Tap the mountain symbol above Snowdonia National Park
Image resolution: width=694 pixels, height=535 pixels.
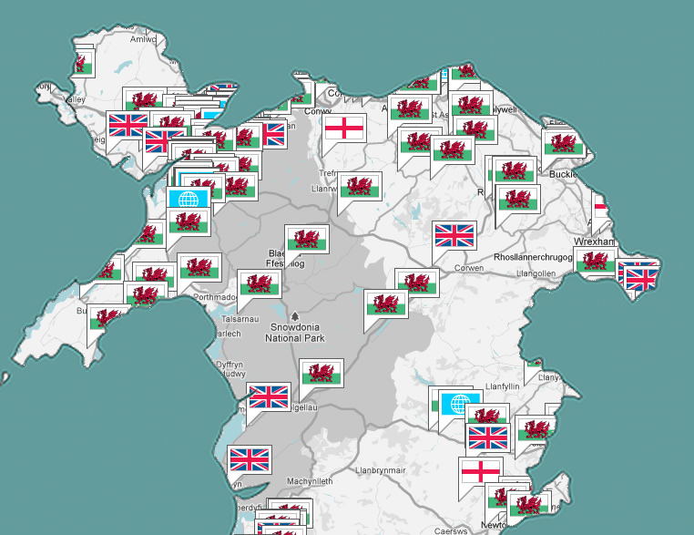pos(293,316)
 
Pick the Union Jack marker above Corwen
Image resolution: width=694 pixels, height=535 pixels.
pos(454,235)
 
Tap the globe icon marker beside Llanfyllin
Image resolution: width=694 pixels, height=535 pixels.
pos(460,403)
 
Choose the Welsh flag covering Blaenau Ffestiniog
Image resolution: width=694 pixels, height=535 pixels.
pos(306,239)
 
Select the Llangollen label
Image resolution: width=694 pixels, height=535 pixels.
pos(536,273)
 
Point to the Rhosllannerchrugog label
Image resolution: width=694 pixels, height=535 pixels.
pos(533,258)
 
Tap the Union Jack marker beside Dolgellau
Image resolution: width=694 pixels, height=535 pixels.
pos(269,396)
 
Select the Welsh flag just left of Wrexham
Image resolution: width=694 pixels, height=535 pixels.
pos(595,261)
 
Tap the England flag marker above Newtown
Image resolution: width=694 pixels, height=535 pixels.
pos(479,471)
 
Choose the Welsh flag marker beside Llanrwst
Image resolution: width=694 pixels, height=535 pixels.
pos(360,186)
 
